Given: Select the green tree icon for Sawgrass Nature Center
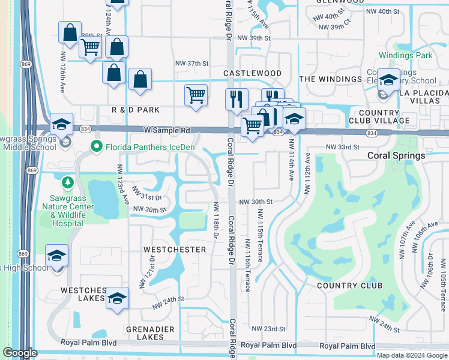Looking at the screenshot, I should (68, 181).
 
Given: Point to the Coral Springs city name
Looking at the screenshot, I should (397, 155).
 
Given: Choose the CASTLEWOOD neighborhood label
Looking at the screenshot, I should (252, 73).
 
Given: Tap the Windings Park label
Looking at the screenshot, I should (406, 56).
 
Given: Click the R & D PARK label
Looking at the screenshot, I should (136, 110).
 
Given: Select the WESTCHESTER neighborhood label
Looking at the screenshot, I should (175, 249).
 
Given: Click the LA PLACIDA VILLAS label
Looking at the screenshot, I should (424, 97).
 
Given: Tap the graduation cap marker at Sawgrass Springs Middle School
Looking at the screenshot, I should (61, 124).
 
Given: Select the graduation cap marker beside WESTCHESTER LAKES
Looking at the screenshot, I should (118, 299).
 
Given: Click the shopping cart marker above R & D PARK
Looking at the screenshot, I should (196, 95).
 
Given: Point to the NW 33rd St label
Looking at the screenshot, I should (342, 147).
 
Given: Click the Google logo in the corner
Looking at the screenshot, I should (20, 353).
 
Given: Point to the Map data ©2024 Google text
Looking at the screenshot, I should (411, 355).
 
